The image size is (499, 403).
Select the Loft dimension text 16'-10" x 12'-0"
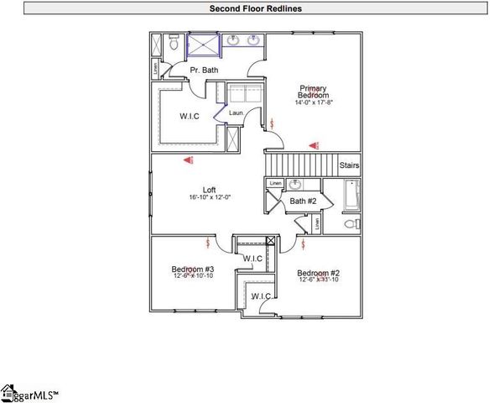(x=210, y=197)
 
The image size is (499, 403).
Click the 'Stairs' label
(x=350, y=165)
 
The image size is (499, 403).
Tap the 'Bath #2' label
(x=302, y=201)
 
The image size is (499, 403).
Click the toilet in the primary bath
(x=172, y=44)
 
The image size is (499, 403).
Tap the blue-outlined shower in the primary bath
(x=202, y=44)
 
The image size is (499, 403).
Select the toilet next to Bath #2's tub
(x=352, y=224)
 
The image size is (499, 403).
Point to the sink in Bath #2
(x=294, y=185)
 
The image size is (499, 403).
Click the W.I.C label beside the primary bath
(x=190, y=115)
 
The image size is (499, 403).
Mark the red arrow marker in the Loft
(x=190, y=159)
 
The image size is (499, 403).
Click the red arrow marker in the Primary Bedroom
(x=312, y=144)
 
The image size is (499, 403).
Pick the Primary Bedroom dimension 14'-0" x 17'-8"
(x=314, y=103)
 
